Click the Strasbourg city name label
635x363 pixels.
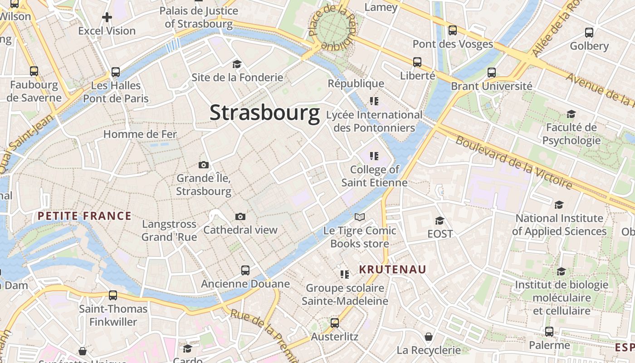tap(264, 113)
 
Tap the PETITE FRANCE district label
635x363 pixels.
tap(85, 216)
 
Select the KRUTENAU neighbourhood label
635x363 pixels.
tap(393, 270)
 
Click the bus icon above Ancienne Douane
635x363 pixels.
tap(245, 270)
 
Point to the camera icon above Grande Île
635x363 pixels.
tap(204, 165)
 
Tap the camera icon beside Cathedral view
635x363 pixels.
tap(240, 216)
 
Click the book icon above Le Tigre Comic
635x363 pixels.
tap(360, 217)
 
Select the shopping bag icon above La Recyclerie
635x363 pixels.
tap(429, 337)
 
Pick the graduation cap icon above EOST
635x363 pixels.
tap(440, 221)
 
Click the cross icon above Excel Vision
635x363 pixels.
tap(107, 18)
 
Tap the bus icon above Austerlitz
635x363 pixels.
tap(335, 323)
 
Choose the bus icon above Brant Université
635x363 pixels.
tap(492, 73)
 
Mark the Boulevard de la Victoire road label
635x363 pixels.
tap(513, 162)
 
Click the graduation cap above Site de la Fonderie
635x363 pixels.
tap(237, 64)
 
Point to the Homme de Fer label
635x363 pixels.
tap(140, 134)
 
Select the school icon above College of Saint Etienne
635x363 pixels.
tap(374, 157)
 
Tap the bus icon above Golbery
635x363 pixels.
tap(589, 33)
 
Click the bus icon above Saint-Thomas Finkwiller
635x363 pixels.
tap(113, 295)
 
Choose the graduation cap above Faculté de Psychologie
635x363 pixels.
tap(571, 114)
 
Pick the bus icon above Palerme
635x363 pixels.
tap(549, 332)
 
